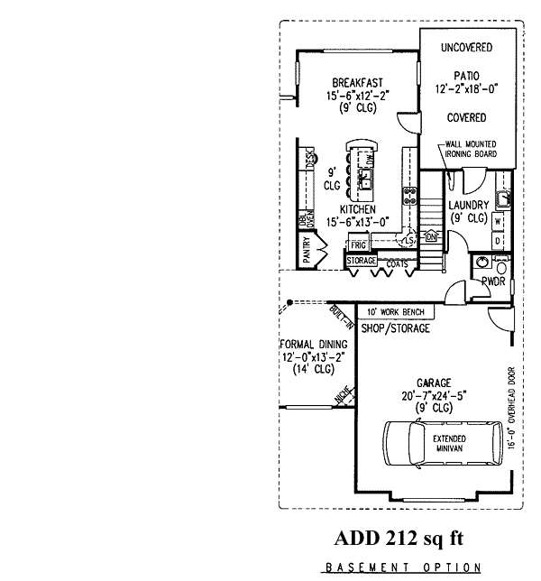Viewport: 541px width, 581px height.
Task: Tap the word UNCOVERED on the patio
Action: tap(466, 47)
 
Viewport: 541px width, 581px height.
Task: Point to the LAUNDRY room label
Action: tap(469, 205)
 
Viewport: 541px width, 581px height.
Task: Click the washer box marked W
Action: tap(497, 221)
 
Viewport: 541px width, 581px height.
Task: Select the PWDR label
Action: tap(492, 281)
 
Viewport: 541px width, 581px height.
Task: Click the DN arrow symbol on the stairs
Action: tap(431, 236)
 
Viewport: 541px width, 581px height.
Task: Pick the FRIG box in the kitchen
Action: tap(358, 244)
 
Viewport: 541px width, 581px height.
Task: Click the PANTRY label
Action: tap(307, 250)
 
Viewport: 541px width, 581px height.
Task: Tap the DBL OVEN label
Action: tap(304, 222)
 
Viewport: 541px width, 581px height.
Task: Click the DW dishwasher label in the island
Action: tap(370, 161)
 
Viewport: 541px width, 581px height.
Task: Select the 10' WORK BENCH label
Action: tap(398, 312)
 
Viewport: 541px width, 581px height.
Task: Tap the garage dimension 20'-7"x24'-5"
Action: tap(428, 394)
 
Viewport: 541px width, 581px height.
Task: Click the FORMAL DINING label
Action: tap(308, 344)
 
